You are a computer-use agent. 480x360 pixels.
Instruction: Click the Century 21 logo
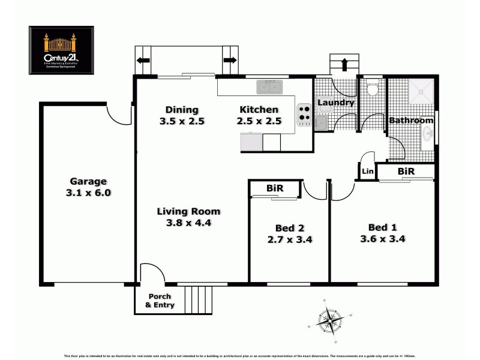pyautogui.click(x=62, y=50)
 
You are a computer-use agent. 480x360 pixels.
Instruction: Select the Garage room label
pyautogui.click(x=88, y=181)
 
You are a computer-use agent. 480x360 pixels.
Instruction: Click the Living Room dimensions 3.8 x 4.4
pyautogui.click(x=188, y=223)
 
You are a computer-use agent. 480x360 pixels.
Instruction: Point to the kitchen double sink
pyautogui.click(x=270, y=88)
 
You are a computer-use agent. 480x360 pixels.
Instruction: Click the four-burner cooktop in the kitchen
pyautogui.click(x=304, y=114)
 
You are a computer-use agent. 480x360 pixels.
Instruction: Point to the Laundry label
pyautogui.click(x=335, y=103)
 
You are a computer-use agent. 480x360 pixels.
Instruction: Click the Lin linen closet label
pyautogui.click(x=367, y=172)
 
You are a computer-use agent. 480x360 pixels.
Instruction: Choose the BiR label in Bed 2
pyautogui.click(x=275, y=188)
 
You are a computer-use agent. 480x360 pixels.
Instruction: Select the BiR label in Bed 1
pyautogui.click(x=406, y=172)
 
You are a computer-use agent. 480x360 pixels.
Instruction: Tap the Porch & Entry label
pyautogui.click(x=160, y=301)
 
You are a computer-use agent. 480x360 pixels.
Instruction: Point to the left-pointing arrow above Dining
pyautogui.click(x=143, y=60)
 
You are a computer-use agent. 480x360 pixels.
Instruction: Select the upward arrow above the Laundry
pyautogui.click(x=345, y=64)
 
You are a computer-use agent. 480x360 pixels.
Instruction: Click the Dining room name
pyautogui.click(x=182, y=110)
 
